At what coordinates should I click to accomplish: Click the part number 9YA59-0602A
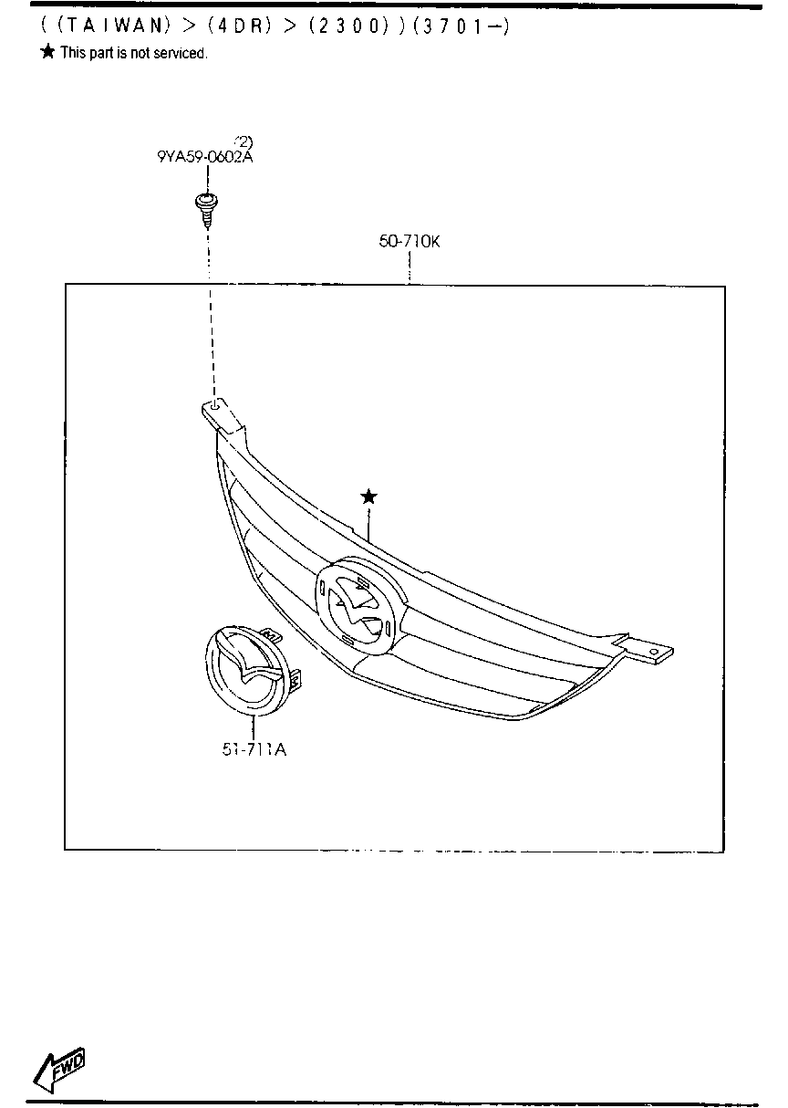205,157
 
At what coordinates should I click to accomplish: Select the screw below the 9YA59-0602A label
207,211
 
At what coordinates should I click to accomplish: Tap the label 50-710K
410,241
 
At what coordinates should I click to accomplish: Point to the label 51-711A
254,750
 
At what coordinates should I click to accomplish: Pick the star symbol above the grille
368,497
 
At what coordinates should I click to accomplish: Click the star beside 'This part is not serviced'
48,51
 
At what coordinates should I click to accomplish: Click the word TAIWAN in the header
114,26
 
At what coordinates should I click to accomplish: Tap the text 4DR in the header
240,26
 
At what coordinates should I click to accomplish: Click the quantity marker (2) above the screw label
244,142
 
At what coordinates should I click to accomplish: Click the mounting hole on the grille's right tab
655,652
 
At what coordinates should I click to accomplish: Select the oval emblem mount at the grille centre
361,604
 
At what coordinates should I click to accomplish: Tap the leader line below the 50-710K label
410,267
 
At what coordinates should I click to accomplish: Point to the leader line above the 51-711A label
254,727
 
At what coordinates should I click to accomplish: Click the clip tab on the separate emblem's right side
295,679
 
